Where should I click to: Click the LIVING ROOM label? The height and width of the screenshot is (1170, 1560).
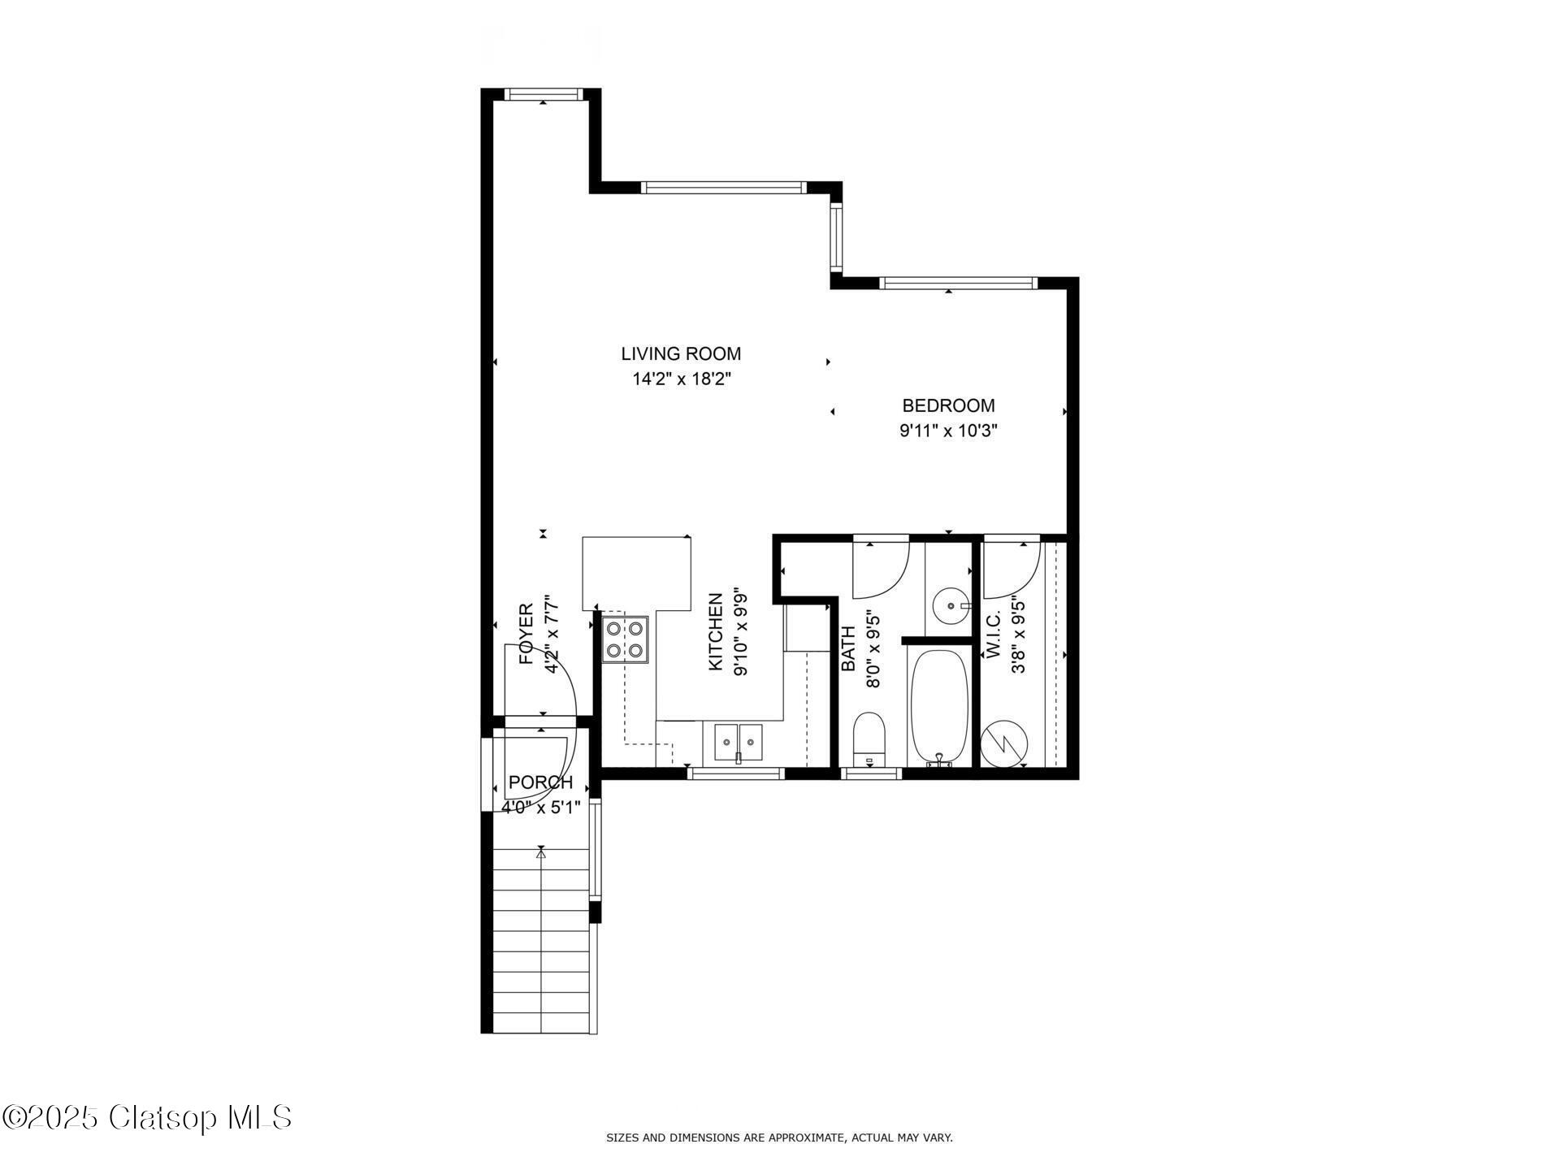[x=681, y=354]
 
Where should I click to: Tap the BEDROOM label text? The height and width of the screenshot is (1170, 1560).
[x=948, y=405]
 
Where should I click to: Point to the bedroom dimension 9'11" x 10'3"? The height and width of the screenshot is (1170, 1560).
[x=948, y=431]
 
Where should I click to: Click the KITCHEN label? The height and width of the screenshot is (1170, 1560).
[x=716, y=632]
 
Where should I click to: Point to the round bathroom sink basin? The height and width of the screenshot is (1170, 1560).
[x=951, y=605]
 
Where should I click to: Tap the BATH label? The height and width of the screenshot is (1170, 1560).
[x=848, y=648]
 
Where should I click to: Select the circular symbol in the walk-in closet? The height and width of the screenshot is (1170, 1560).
[x=1004, y=743]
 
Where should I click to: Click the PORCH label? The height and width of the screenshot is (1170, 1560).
[x=540, y=782]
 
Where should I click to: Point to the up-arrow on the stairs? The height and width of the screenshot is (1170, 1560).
[x=541, y=851]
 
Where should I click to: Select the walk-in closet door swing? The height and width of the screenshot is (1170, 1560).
[x=1025, y=578]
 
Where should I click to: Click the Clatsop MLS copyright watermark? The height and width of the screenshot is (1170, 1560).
[x=147, y=1118]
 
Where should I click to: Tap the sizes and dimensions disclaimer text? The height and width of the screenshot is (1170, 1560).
[x=779, y=1138]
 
